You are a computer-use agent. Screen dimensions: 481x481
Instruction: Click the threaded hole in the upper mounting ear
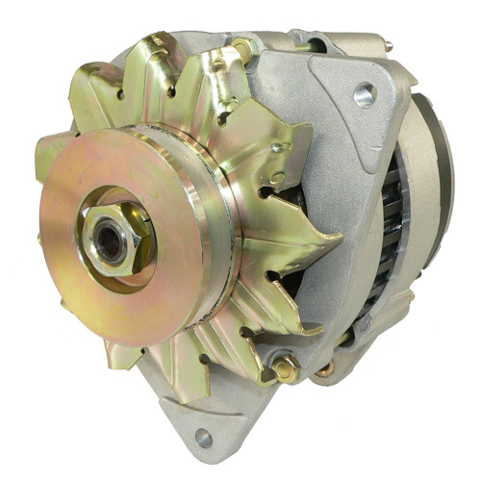point(365,94)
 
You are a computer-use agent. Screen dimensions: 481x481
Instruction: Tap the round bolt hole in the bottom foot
point(203,438)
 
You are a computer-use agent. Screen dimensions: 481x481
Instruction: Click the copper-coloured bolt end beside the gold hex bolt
point(327,368)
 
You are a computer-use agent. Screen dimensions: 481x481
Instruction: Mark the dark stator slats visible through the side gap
point(392,231)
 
